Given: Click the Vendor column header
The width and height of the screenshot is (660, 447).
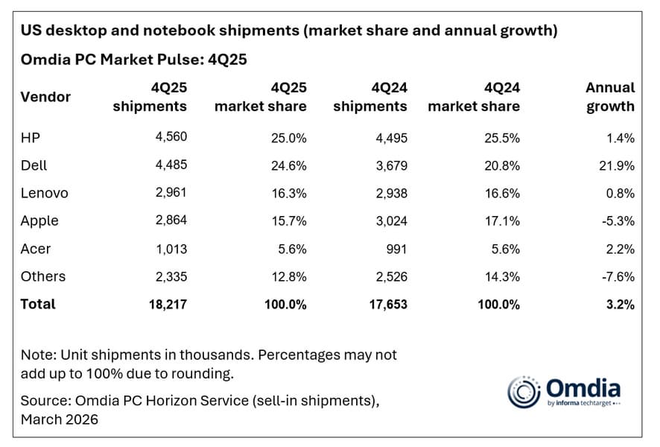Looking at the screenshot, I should [45, 97].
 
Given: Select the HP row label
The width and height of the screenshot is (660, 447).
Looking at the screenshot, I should [31, 138].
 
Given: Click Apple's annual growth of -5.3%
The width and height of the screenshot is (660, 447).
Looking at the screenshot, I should [620, 221].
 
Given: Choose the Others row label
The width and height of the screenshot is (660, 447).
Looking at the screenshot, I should [43, 276].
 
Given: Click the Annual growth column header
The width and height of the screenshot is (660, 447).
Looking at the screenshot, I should [610, 97].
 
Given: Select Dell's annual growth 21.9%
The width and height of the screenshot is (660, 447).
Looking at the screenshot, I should [618, 165].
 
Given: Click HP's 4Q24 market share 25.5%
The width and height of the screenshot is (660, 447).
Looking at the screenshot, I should [502, 138].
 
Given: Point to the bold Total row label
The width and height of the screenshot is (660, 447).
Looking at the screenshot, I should [38, 304].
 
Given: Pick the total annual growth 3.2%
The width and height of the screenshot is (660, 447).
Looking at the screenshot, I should [621, 304].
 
